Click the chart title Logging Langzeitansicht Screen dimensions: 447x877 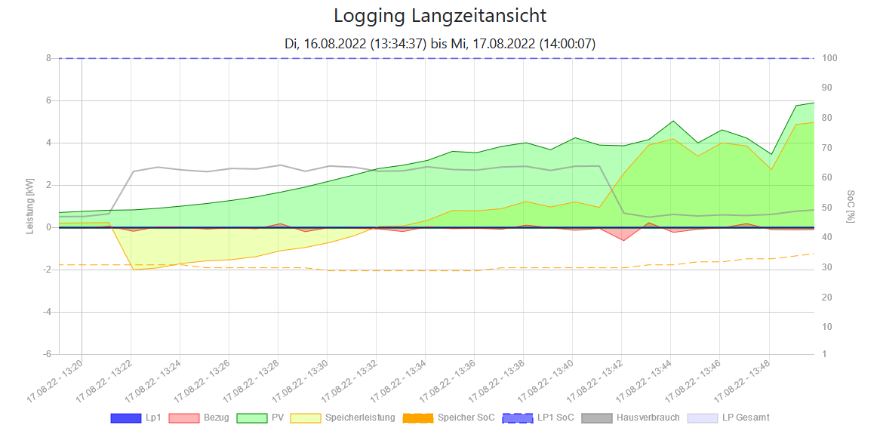pos(439,16)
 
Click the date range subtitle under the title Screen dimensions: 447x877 pos(439,44)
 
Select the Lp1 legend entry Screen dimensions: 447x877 pos(136,418)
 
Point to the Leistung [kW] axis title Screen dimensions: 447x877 pos(30,205)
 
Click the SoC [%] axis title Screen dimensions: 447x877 pos(851,206)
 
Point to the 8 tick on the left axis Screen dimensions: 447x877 pos(48,58)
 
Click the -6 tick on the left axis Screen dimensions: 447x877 pos(47,354)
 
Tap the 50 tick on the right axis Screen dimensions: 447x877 pos(828,207)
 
